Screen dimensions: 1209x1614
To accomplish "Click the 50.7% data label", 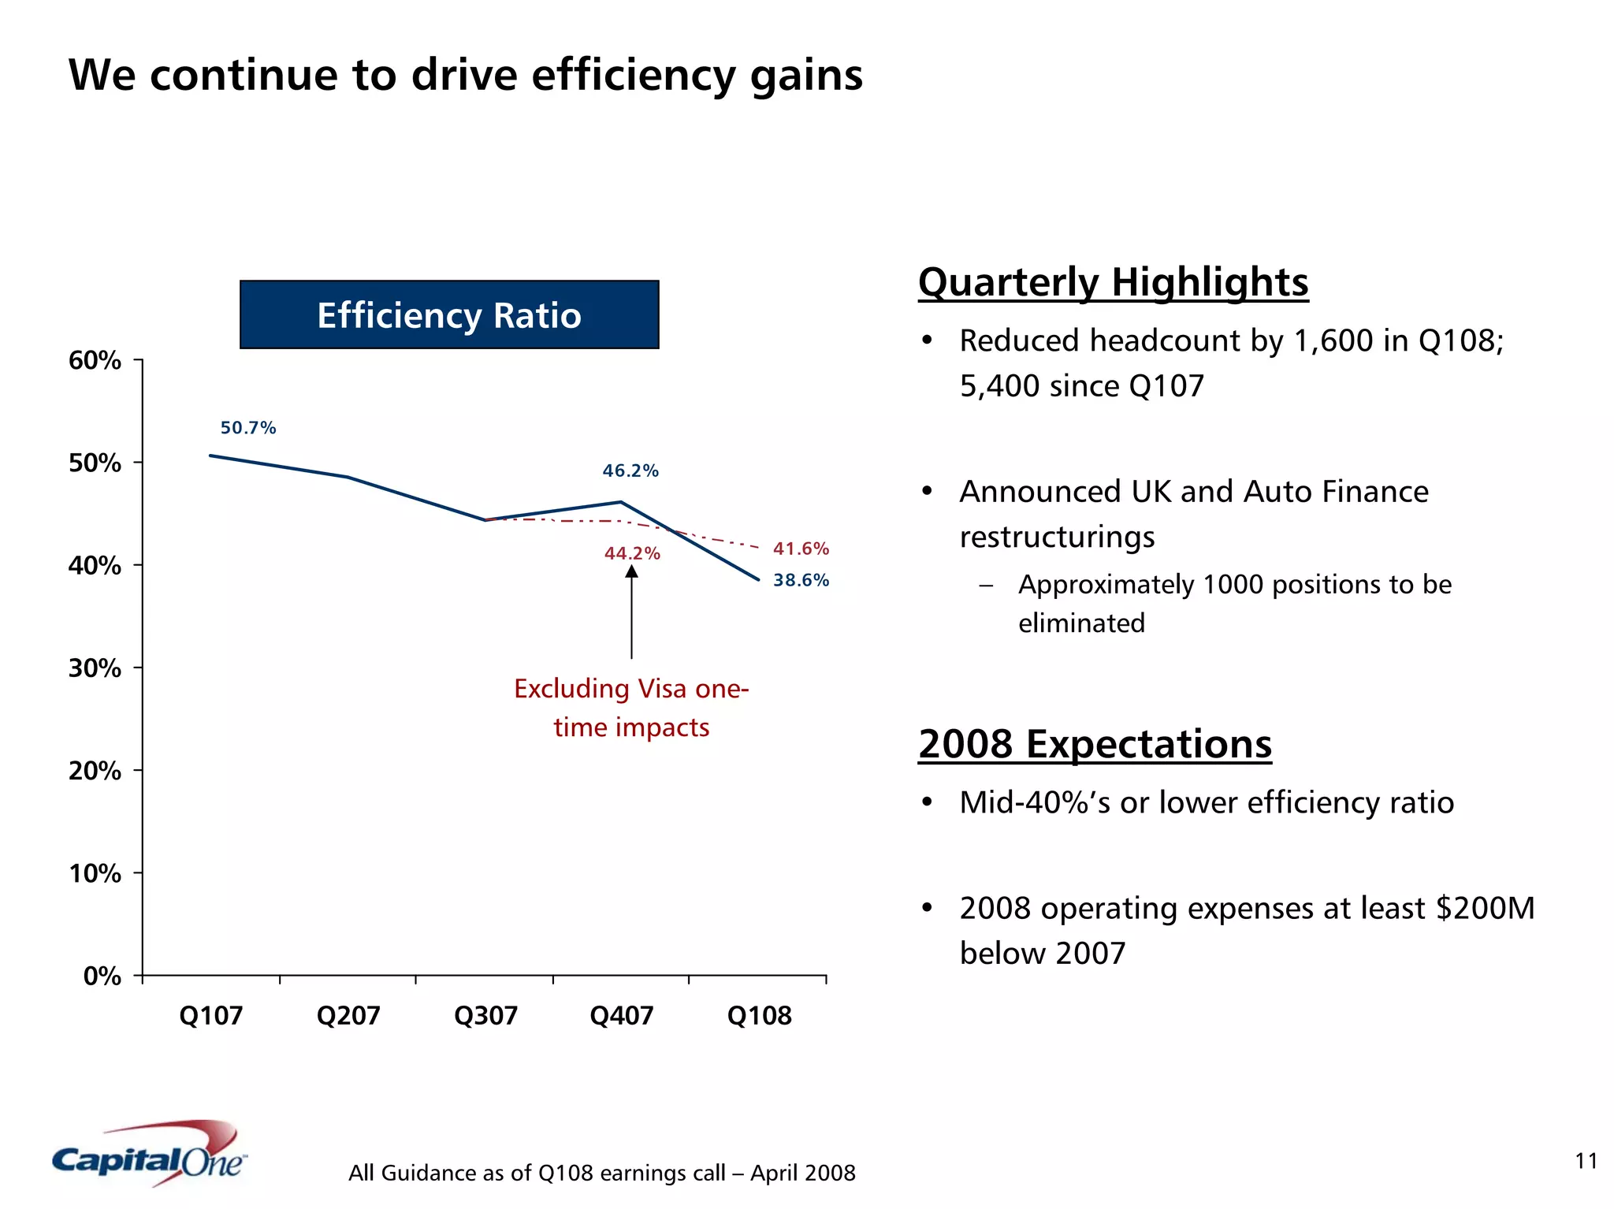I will click(x=248, y=428).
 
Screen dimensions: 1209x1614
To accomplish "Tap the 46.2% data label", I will click(x=630, y=471).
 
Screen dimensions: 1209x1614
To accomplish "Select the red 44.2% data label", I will click(x=632, y=553).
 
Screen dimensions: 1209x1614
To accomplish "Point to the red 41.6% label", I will click(x=801, y=549).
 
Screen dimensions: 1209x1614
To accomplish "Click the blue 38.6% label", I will click(x=801, y=580).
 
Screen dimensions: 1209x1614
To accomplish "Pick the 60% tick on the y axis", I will click(x=95, y=360).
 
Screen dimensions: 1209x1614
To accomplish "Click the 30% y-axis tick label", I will click(x=95, y=668).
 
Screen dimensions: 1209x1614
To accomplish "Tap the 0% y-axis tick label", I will click(x=102, y=976).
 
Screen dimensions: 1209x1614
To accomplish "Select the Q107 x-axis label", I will click(x=210, y=1015).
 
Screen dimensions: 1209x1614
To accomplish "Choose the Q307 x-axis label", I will click(x=485, y=1015).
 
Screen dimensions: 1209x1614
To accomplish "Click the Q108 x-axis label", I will click(x=759, y=1015).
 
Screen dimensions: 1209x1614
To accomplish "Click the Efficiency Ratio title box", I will click(x=449, y=314).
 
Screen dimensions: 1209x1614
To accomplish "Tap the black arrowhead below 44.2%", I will click(x=631, y=571).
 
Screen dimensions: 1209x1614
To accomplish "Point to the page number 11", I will click(x=1586, y=1161).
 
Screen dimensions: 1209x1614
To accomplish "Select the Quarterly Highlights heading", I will click(x=1113, y=282).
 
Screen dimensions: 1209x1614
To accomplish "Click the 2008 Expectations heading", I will click(x=1095, y=744).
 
